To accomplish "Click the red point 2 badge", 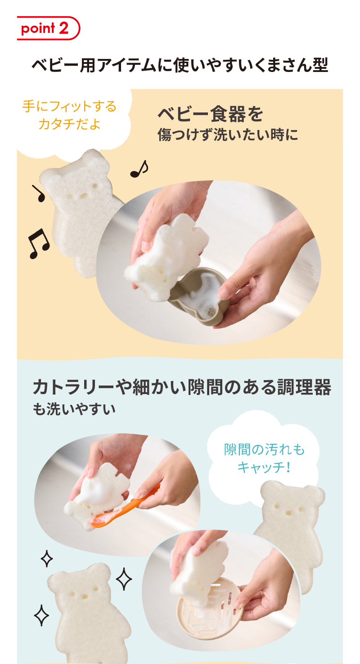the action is tap(48, 28).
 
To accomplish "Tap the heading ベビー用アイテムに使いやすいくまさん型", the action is tap(180, 65).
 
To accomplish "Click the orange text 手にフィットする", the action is tap(69, 106).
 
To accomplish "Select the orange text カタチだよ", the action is tap(69, 124).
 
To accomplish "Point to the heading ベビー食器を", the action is tap(210, 114).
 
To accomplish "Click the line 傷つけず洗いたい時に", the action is tap(228, 135).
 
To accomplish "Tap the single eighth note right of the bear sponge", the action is tap(139, 169).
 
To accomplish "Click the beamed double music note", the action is tap(39, 244).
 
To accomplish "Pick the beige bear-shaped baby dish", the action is tap(199, 296).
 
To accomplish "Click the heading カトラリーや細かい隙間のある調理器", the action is tap(182, 387).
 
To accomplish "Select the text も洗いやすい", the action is tap(74, 409).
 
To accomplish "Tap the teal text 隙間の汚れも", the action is tap(264, 449).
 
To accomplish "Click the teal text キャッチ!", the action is tap(264, 467).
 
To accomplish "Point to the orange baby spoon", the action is tap(125, 507).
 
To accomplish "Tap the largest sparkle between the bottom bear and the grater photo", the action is tap(124, 579).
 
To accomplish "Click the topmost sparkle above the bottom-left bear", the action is tap(46, 558).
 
